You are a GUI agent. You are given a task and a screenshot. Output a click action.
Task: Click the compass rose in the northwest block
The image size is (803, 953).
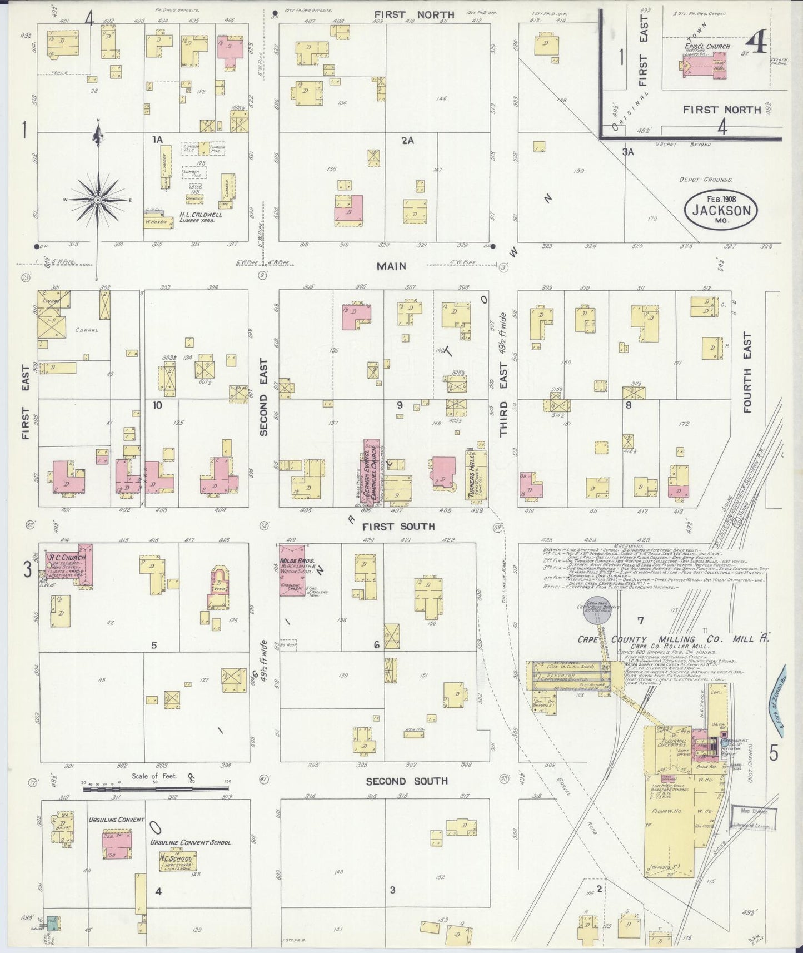tap(98, 199)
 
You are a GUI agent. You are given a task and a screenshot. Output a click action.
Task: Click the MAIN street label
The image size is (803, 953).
tap(391, 266)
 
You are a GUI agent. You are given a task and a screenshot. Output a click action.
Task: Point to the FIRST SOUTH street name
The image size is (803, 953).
tap(398, 526)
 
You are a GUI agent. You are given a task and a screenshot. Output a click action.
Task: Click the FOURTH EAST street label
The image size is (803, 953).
tap(746, 372)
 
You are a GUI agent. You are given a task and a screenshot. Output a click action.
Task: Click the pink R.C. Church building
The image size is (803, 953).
tap(72, 563)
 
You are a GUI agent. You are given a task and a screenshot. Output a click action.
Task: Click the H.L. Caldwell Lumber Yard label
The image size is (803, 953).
tap(200, 217)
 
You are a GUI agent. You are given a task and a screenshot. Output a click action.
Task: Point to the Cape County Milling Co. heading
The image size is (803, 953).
tap(672, 639)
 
